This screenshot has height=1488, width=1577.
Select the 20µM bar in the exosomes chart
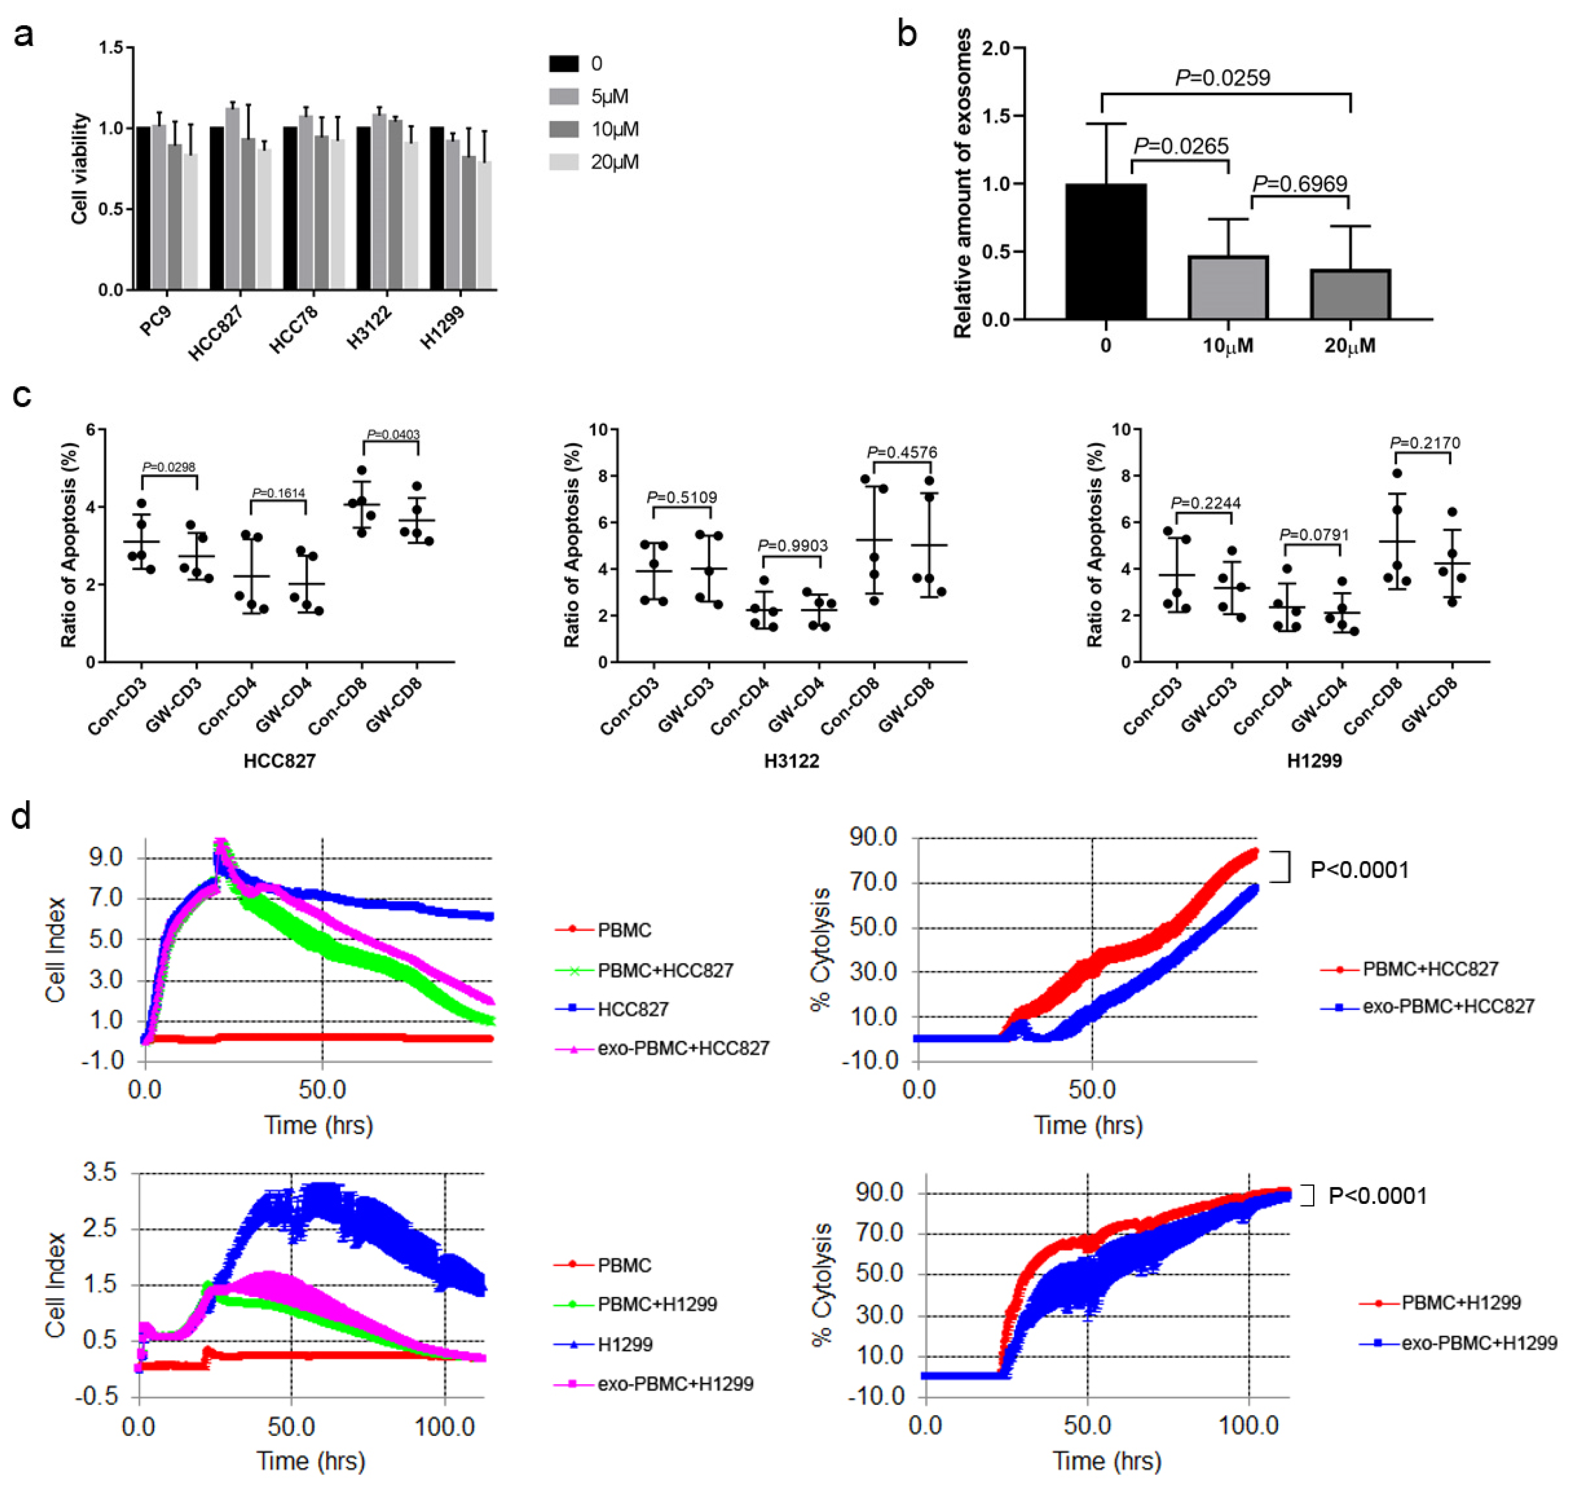pyautogui.click(x=1350, y=295)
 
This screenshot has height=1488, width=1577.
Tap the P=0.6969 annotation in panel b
pyautogui.click(x=1299, y=184)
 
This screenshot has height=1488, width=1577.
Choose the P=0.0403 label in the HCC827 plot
pyautogui.click(x=393, y=435)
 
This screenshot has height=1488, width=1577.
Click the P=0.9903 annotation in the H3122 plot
pyautogui.click(x=792, y=545)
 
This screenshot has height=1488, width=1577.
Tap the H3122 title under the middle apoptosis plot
pyautogui.click(x=791, y=761)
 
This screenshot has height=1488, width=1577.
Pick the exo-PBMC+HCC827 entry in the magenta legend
pyautogui.click(x=682, y=1048)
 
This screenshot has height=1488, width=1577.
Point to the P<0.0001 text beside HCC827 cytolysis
pyautogui.click(x=1359, y=870)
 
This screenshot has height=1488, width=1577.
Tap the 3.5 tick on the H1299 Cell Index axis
pyautogui.click(x=99, y=1172)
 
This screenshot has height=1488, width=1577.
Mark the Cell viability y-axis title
pyautogui.click(x=80, y=168)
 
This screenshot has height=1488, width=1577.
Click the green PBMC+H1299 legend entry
pyautogui.click(x=657, y=1304)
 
